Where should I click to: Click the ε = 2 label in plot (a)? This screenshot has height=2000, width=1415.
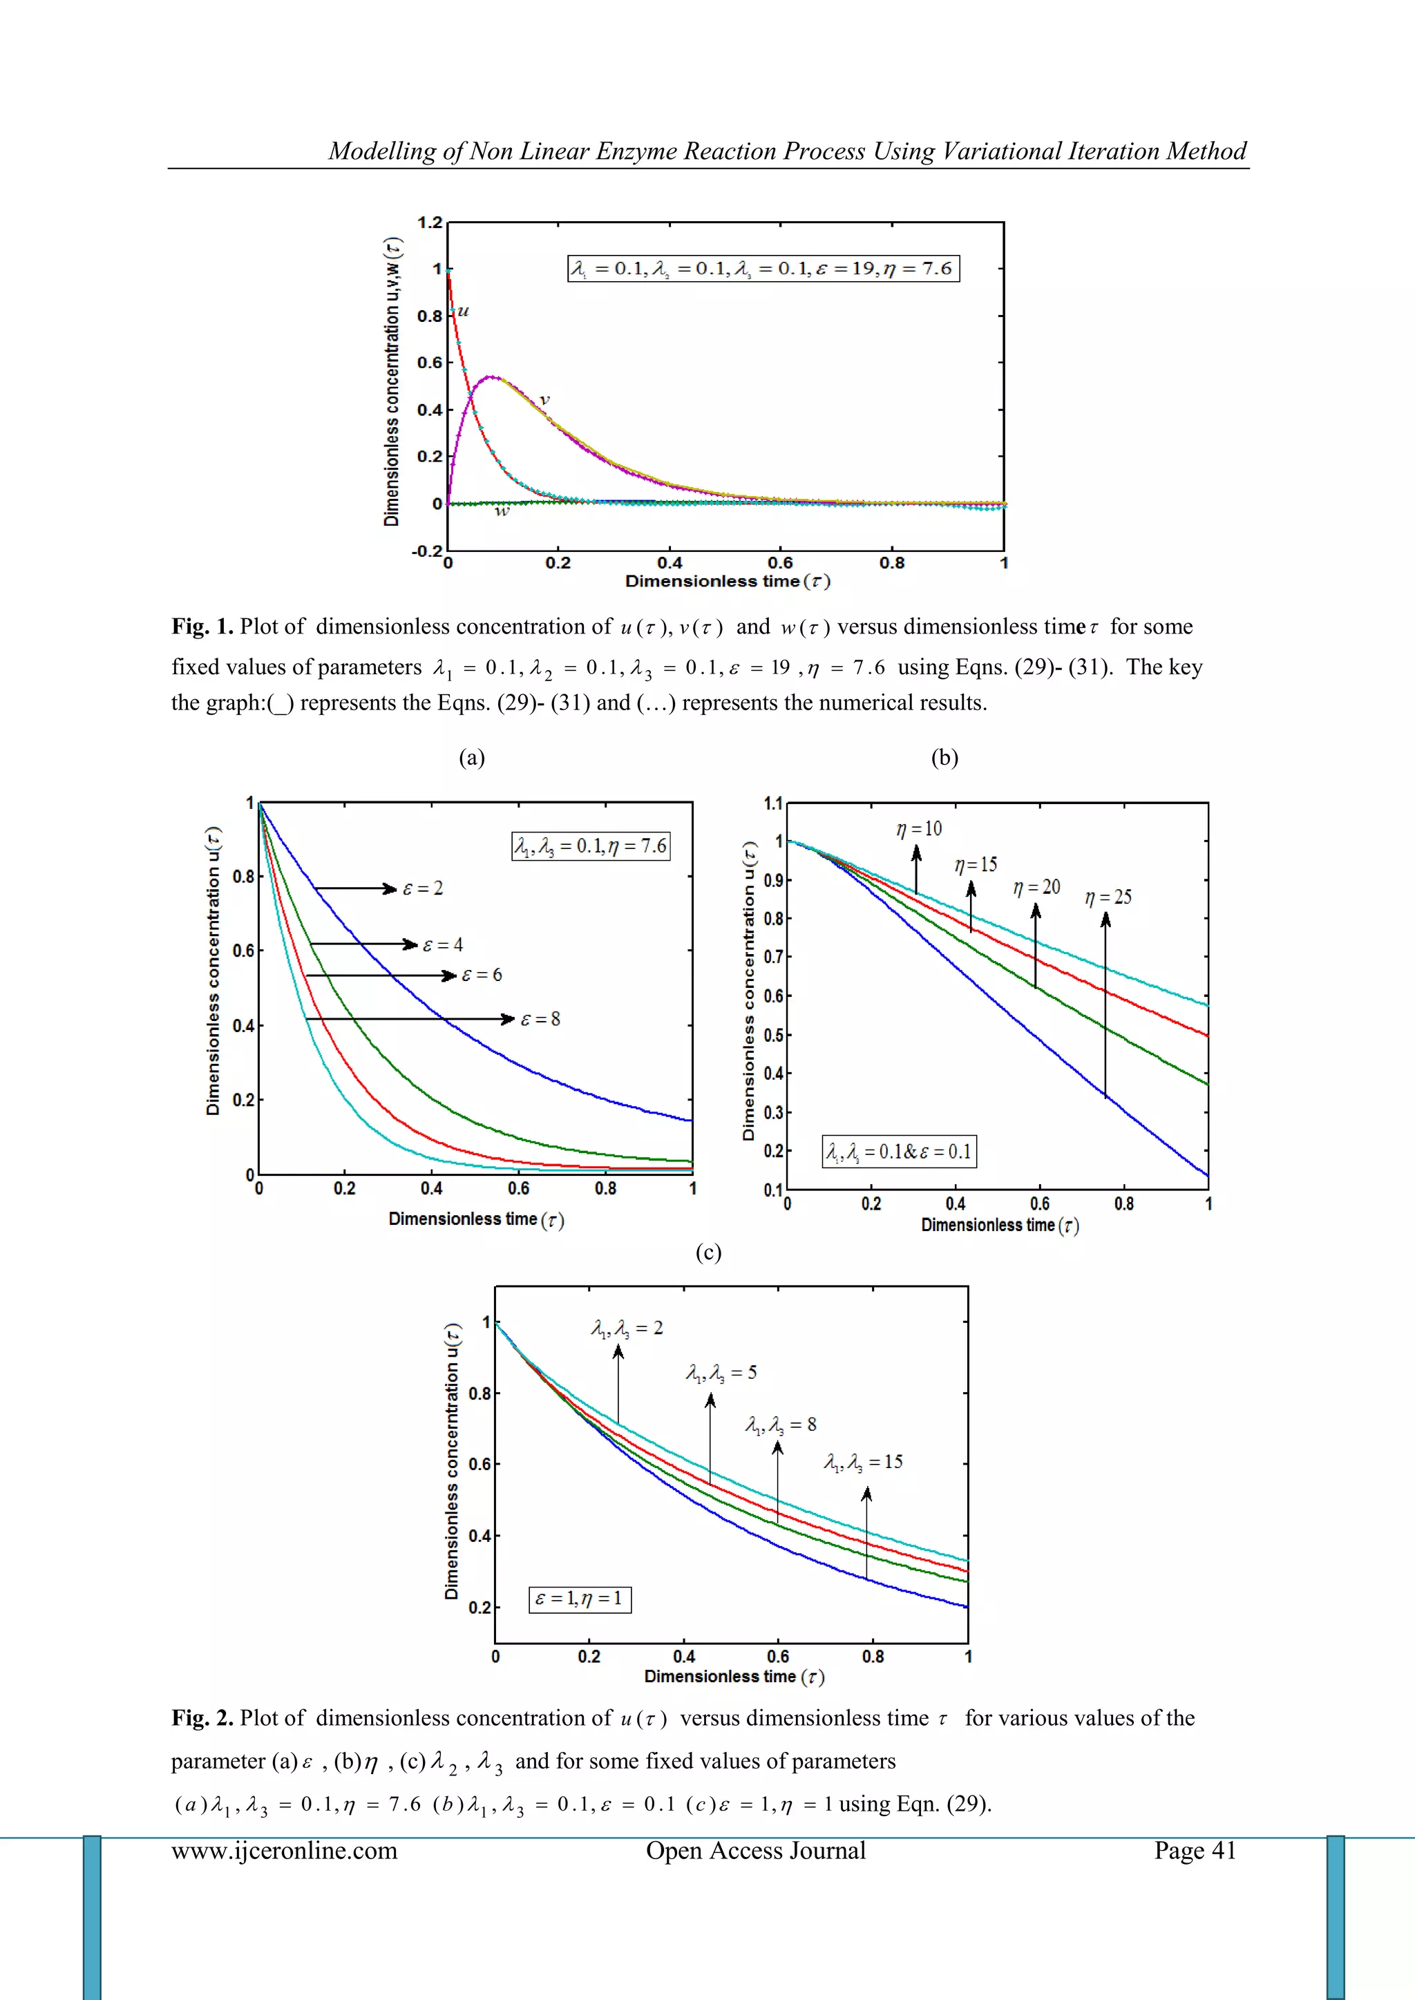424,888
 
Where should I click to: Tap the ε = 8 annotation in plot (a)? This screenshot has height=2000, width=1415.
540,1019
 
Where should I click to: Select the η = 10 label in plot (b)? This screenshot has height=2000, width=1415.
919,828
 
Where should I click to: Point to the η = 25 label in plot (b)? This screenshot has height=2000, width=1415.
1108,897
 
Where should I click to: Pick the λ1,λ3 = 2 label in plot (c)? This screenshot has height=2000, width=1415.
627,1328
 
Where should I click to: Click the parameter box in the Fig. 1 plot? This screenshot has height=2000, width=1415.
763,268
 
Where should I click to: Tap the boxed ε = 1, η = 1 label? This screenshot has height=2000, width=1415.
580,1599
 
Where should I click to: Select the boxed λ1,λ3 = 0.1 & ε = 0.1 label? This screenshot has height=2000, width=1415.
899,1152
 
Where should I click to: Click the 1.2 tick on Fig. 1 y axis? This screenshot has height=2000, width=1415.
430,223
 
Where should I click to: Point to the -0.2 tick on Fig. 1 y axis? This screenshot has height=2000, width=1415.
426,551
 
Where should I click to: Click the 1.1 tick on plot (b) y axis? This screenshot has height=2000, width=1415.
773,804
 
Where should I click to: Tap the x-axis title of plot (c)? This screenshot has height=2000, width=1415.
734,1677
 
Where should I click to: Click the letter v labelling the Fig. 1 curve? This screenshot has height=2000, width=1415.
544,400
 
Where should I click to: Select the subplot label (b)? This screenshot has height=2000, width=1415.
944,758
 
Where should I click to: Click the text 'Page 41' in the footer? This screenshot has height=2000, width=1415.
1195,1850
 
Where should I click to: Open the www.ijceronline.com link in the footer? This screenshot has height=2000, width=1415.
284,1850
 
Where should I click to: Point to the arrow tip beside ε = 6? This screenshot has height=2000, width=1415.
451,975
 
